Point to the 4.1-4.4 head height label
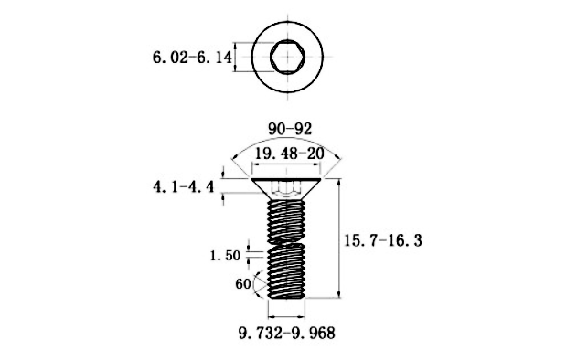point(182,188)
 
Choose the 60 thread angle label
point(242,284)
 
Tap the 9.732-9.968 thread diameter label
point(287,333)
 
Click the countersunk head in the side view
point(288,188)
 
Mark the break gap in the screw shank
point(288,244)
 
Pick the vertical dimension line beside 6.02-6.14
point(236,58)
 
